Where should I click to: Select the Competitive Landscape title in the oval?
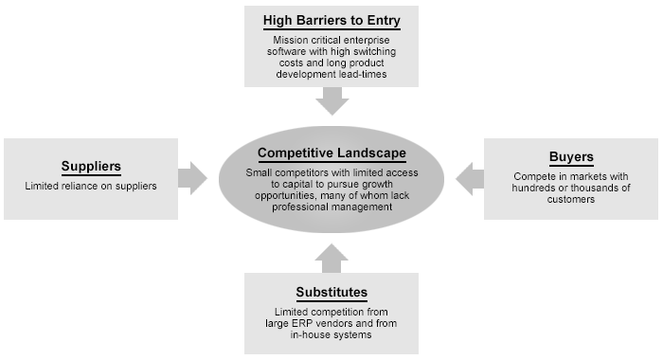331,153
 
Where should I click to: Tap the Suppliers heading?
92,166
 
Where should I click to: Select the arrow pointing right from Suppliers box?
193,177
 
